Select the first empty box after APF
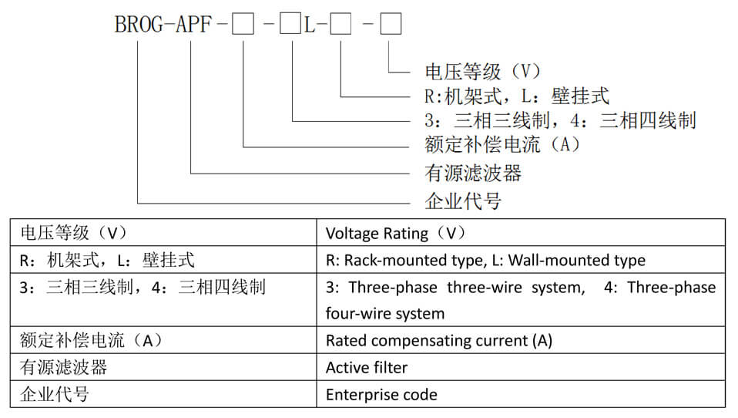click(x=243, y=25)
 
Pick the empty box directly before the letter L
click(x=290, y=25)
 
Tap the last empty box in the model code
click(x=391, y=25)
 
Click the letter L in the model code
click(x=310, y=25)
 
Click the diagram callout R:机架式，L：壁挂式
click(x=517, y=96)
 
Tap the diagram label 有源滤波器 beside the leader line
click(x=473, y=173)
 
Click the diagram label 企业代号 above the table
click(x=463, y=202)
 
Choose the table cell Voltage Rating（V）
click(x=396, y=233)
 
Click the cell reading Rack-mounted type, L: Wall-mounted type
click(x=485, y=260)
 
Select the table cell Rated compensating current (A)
click(x=439, y=340)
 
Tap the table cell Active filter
click(x=367, y=367)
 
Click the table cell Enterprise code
click(x=381, y=395)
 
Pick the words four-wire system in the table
click(x=385, y=314)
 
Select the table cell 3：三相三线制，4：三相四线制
click(x=143, y=288)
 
